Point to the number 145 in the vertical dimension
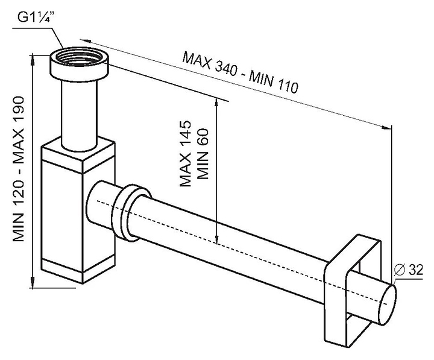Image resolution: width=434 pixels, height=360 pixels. point(186,131)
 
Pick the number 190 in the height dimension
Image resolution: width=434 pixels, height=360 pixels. point(19,109)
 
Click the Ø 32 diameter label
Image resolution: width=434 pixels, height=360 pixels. point(408,270)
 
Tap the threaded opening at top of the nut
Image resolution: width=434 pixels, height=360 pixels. point(79,58)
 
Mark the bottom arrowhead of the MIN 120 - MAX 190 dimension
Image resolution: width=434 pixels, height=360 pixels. point(33,283)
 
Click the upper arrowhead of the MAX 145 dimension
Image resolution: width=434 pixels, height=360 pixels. point(217,103)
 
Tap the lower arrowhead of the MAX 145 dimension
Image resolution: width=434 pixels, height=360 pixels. point(217,239)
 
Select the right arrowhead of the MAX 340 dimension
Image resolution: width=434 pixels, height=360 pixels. point(387,127)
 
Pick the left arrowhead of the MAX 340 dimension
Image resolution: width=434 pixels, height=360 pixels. point(86,41)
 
